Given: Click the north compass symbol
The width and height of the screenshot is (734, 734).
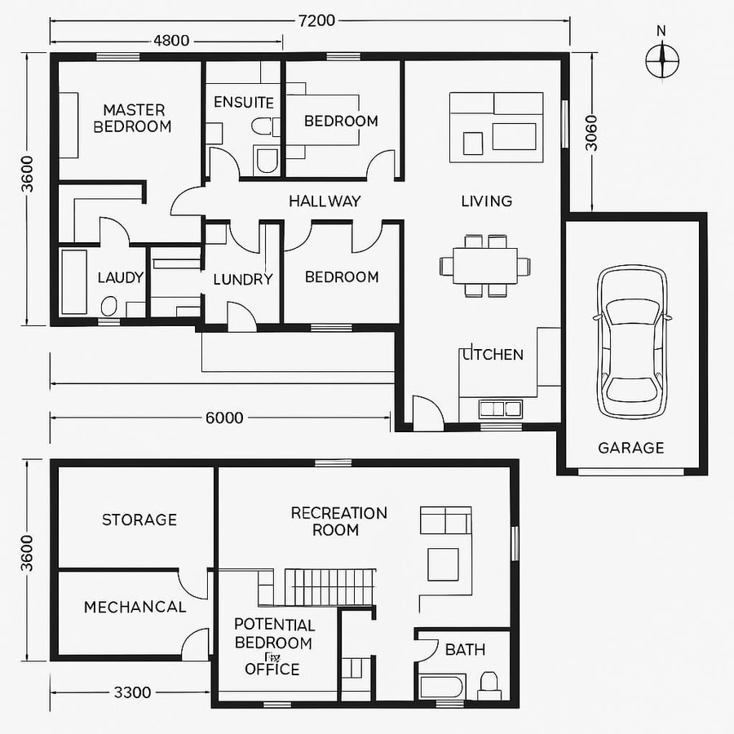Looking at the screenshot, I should click(662, 58).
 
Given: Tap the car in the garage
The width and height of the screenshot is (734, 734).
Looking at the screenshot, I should click(632, 340).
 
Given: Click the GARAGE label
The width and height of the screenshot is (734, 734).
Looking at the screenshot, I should click(630, 448).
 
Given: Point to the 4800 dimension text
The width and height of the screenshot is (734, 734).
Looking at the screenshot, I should click(171, 40).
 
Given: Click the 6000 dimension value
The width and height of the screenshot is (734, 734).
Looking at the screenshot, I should click(223, 418).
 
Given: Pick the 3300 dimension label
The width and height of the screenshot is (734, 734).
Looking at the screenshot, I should click(131, 692).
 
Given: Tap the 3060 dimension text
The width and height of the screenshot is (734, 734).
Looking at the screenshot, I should click(591, 133).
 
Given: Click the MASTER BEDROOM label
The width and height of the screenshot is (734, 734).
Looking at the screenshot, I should click(133, 118).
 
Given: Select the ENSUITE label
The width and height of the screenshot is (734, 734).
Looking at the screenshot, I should click(243, 103).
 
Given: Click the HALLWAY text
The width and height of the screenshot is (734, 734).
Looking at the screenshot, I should click(325, 201).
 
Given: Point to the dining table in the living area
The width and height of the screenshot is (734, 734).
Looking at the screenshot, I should click(485, 265).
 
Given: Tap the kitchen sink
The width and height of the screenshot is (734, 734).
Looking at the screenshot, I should click(501, 408).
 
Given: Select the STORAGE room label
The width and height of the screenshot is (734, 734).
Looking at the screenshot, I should click(139, 520).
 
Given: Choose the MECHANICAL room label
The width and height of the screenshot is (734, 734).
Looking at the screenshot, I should click(135, 607).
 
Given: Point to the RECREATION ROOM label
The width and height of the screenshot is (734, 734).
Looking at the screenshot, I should click(338, 521).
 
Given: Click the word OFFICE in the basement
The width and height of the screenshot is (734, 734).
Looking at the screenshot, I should click(272, 670).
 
